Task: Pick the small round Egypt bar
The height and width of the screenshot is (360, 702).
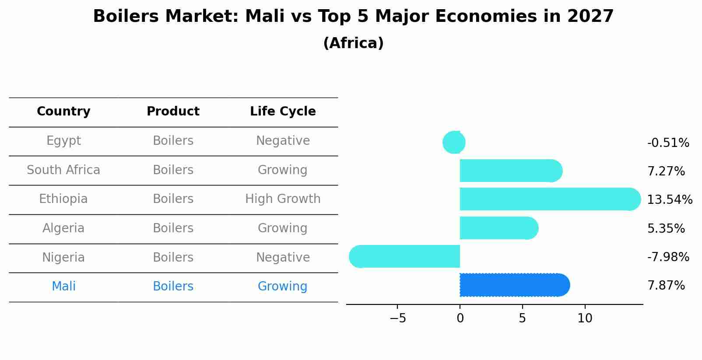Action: [x=454, y=143]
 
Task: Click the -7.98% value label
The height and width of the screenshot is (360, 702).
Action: [x=668, y=257]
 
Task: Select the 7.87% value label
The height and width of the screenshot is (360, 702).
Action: [x=666, y=286]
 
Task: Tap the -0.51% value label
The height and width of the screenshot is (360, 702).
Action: [x=668, y=143]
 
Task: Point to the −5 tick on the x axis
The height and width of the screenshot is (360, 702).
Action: [x=397, y=318]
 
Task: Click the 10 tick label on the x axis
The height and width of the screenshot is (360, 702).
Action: [x=585, y=318]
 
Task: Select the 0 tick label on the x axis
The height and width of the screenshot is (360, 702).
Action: [x=460, y=318]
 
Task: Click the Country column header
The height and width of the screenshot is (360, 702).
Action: [x=63, y=112]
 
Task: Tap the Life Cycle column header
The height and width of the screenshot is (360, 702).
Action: [x=283, y=112]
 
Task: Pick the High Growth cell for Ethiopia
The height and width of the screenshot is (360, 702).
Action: [x=283, y=199]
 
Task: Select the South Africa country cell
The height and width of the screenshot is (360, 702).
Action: [x=63, y=170]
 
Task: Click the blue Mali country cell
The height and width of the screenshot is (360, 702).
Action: [x=63, y=287]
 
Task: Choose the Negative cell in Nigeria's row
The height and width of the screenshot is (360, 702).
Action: [x=283, y=258]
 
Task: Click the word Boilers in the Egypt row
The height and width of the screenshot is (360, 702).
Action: [x=173, y=141]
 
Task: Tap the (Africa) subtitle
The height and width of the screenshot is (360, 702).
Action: [x=353, y=43]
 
